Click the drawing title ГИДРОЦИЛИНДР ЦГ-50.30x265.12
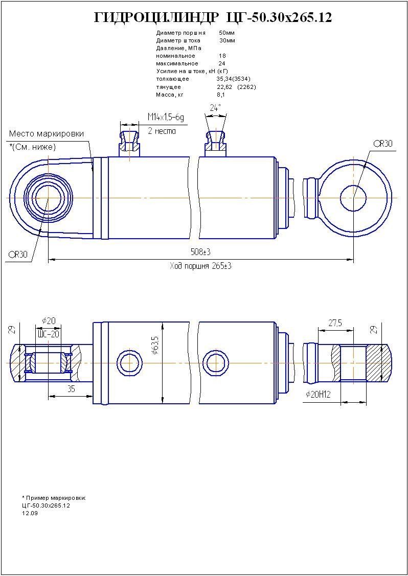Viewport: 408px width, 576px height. (213, 18)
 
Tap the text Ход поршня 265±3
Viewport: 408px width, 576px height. (200, 266)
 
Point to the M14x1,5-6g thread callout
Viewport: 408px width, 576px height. (166, 118)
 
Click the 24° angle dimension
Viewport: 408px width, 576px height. (215, 108)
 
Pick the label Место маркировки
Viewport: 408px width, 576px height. (47, 134)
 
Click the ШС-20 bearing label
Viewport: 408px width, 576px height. (49, 334)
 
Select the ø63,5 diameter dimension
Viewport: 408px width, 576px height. (155, 345)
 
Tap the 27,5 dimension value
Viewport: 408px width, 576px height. (335, 324)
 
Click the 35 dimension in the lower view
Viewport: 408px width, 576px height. (71, 389)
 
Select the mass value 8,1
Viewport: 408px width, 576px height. (221, 95)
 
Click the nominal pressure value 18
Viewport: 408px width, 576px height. (222, 56)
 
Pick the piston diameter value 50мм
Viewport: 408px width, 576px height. (226, 32)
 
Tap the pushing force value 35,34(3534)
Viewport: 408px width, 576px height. (233, 79)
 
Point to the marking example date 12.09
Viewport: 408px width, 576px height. (30, 513)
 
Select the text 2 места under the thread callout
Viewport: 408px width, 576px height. (162, 131)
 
